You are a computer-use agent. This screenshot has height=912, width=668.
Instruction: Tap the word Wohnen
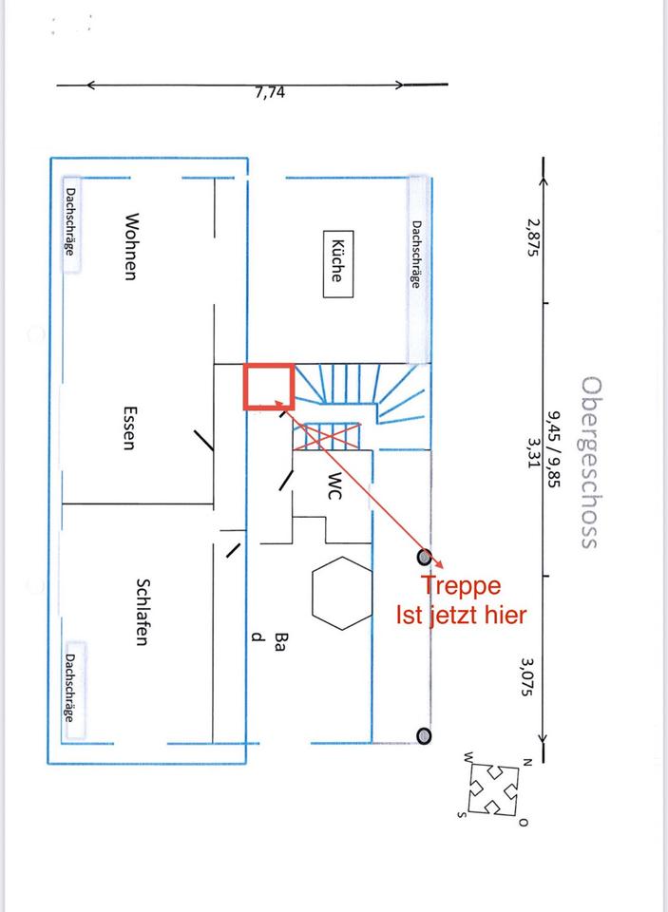tap(130, 246)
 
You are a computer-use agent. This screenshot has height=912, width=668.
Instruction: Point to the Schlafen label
tap(143, 612)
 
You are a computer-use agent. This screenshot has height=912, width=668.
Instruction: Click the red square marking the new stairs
tap(268, 386)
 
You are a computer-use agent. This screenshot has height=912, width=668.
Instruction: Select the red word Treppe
tap(461, 586)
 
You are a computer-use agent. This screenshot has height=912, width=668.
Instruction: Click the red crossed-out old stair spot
tap(327, 436)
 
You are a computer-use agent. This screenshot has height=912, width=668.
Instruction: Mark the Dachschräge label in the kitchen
tap(416, 254)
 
